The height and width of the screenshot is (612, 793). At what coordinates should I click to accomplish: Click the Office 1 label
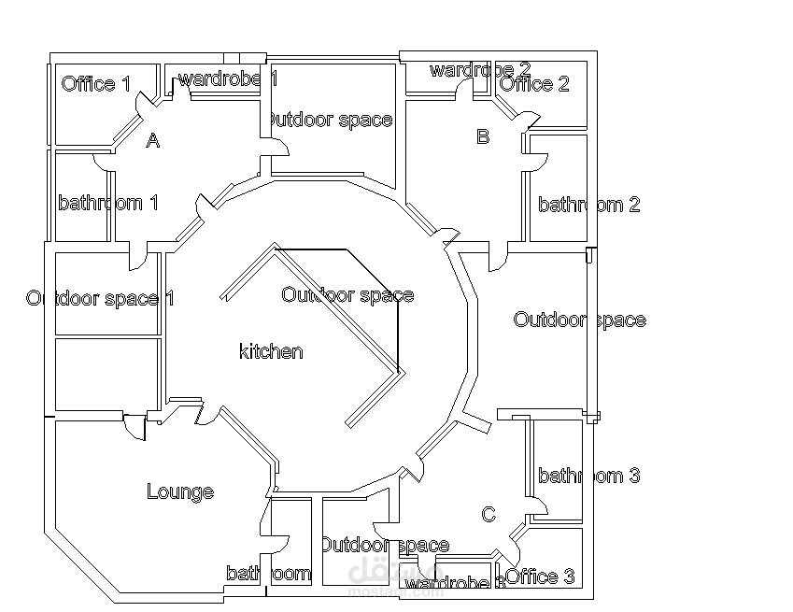pyautogui.click(x=95, y=84)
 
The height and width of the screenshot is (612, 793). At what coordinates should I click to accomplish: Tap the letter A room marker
pyautogui.click(x=153, y=141)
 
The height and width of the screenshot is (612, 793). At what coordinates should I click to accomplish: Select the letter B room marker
pyautogui.click(x=483, y=136)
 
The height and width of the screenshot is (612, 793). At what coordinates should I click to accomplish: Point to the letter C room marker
pyautogui.click(x=489, y=515)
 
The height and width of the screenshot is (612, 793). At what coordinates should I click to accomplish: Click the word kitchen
pyautogui.click(x=271, y=351)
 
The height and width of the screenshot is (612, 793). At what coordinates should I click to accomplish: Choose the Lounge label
pyautogui.click(x=180, y=491)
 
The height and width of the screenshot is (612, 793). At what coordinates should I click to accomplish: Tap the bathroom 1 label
pyautogui.click(x=107, y=203)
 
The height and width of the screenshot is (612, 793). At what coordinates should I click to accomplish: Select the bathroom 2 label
pyautogui.click(x=588, y=205)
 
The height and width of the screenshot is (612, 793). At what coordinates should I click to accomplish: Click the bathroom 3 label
pyautogui.click(x=588, y=476)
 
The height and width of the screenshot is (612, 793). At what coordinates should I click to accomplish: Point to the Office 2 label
pyautogui.click(x=534, y=84)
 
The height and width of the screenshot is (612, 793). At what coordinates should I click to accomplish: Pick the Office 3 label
pyautogui.click(x=540, y=576)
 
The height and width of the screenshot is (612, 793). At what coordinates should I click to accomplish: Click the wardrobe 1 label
pyautogui.click(x=227, y=78)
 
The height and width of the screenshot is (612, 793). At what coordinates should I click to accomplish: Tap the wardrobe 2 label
pyautogui.click(x=479, y=70)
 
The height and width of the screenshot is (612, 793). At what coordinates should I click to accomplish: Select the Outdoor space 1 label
pyautogui.click(x=100, y=298)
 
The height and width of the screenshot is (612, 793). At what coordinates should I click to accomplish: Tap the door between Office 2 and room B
pyautogui.click(x=529, y=121)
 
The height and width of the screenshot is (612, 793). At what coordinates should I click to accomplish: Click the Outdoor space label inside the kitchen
pyautogui.click(x=347, y=295)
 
